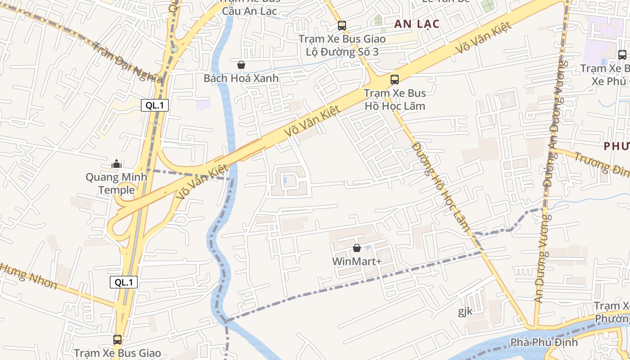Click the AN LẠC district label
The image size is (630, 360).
coord(416,24)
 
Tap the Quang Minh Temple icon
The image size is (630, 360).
coord(117,164)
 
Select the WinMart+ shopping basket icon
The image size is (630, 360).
coord(357,248)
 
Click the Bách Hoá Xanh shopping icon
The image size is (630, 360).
coord(241,65)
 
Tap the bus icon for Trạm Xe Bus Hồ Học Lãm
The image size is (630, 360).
coord(395,80)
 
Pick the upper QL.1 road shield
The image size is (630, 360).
coord(155,106)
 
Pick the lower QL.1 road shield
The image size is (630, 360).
coord(124,282)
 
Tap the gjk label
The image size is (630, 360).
coord(465,311)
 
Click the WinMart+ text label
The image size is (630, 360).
coord(357,261)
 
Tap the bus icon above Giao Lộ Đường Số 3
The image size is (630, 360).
coord(342,26)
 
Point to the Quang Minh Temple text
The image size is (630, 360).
coord(117,183)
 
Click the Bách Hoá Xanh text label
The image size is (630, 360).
coord(241,78)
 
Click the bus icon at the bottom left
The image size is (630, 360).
coord(117,340)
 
